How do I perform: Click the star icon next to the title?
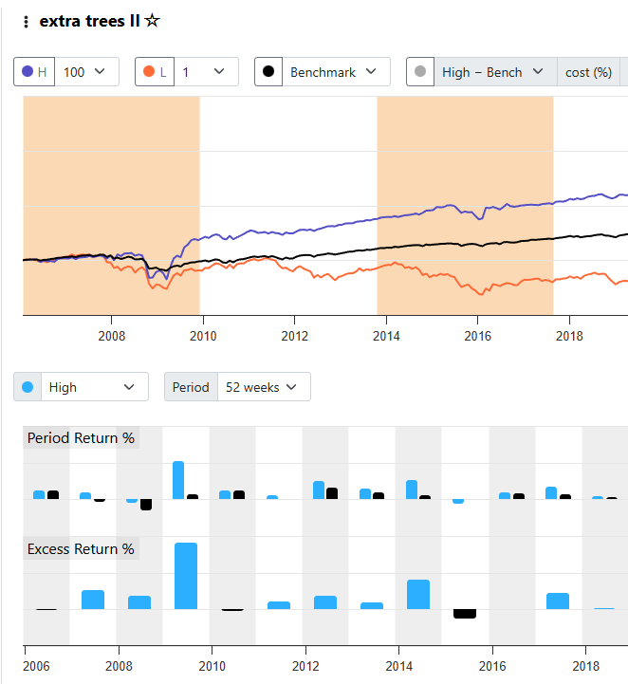click(x=153, y=21)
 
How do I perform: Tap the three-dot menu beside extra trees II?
click(x=26, y=22)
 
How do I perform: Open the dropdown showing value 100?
click(x=87, y=72)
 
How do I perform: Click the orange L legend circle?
click(x=148, y=72)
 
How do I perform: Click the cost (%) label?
click(x=588, y=72)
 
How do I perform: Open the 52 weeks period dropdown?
click(x=262, y=387)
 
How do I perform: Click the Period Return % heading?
click(x=81, y=438)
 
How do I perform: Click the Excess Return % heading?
click(x=81, y=549)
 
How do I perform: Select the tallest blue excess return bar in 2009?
click(x=186, y=576)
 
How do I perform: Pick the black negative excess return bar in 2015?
click(x=465, y=614)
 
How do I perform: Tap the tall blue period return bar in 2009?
click(x=178, y=480)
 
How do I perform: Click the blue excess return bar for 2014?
click(x=418, y=595)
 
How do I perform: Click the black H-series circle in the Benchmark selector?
click(x=268, y=72)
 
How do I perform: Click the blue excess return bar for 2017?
click(x=558, y=601)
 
